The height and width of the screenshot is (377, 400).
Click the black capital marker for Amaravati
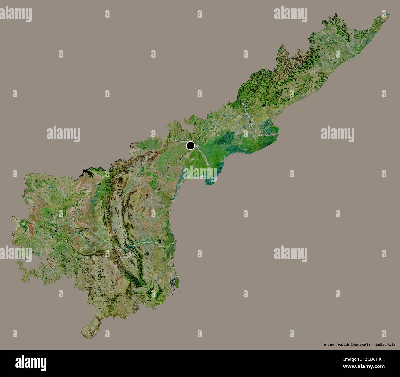click(x=190, y=145)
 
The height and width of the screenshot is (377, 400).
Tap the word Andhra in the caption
click(x=330, y=344)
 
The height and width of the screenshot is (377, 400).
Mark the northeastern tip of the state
click(x=388, y=14)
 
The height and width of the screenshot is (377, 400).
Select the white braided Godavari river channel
click(x=248, y=115)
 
